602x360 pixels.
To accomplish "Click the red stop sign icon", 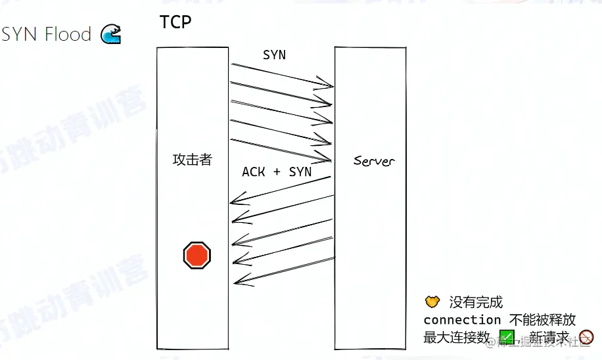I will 197,254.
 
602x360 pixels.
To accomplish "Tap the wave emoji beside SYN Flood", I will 110,34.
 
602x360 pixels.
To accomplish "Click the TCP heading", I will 175,22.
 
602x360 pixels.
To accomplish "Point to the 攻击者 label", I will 192,160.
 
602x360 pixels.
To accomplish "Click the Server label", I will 375,160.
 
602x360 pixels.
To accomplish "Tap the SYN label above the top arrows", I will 274,55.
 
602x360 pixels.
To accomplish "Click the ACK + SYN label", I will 277,171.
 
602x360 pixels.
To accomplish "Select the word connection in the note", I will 462,320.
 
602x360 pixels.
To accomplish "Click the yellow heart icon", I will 432,302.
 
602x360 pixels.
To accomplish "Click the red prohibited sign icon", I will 586,338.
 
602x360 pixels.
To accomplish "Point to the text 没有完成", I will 476,302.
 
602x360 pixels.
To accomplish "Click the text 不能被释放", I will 543,320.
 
